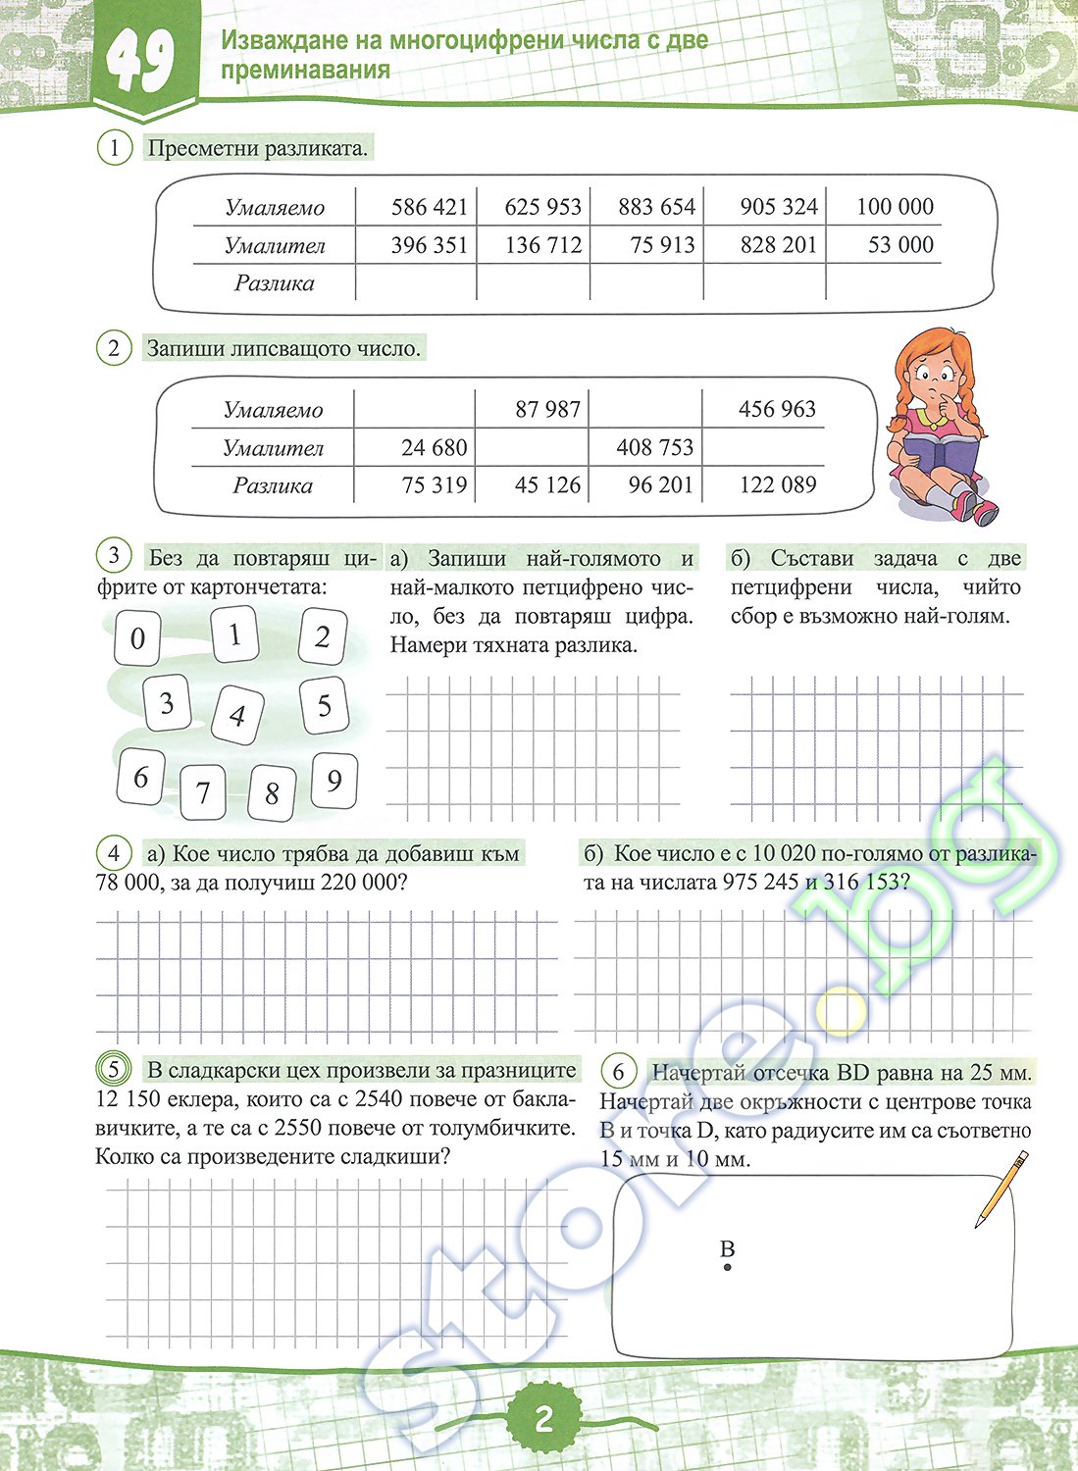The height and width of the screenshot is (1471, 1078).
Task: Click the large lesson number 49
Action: point(141,62)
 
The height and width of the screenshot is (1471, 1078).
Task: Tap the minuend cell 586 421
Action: point(429,207)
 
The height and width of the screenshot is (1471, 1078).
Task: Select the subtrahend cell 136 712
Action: point(542,245)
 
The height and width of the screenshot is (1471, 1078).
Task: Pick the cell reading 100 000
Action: point(895,207)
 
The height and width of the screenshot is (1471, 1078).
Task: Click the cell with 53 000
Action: point(900,245)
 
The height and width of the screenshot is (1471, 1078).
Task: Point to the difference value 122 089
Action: point(777,484)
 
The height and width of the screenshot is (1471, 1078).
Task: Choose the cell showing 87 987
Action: point(547,409)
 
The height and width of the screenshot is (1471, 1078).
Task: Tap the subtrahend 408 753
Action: point(654,448)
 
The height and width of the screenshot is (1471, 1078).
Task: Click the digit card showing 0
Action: point(137,638)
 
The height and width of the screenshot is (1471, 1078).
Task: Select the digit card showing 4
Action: point(236,715)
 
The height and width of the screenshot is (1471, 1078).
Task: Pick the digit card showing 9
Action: point(334,781)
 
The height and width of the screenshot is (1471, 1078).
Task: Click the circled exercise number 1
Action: point(114,149)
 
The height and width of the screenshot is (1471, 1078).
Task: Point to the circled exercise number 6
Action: point(618,1071)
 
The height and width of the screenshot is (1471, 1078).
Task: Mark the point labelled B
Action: point(727,1268)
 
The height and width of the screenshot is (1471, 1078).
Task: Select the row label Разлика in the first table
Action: point(274,283)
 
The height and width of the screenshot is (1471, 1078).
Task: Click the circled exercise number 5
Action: point(114,1069)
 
